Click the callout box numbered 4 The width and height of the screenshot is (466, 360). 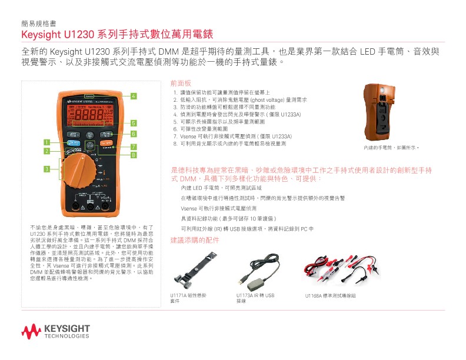coord(134,96)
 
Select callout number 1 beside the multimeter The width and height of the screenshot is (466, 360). coord(45,142)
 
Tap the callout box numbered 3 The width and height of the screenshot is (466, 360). coord(45,170)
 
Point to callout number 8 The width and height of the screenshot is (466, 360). coord(134,155)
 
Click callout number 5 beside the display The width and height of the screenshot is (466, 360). coord(134,123)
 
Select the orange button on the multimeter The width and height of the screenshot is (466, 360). coord(106,142)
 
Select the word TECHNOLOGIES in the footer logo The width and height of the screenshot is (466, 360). coord(66,336)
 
